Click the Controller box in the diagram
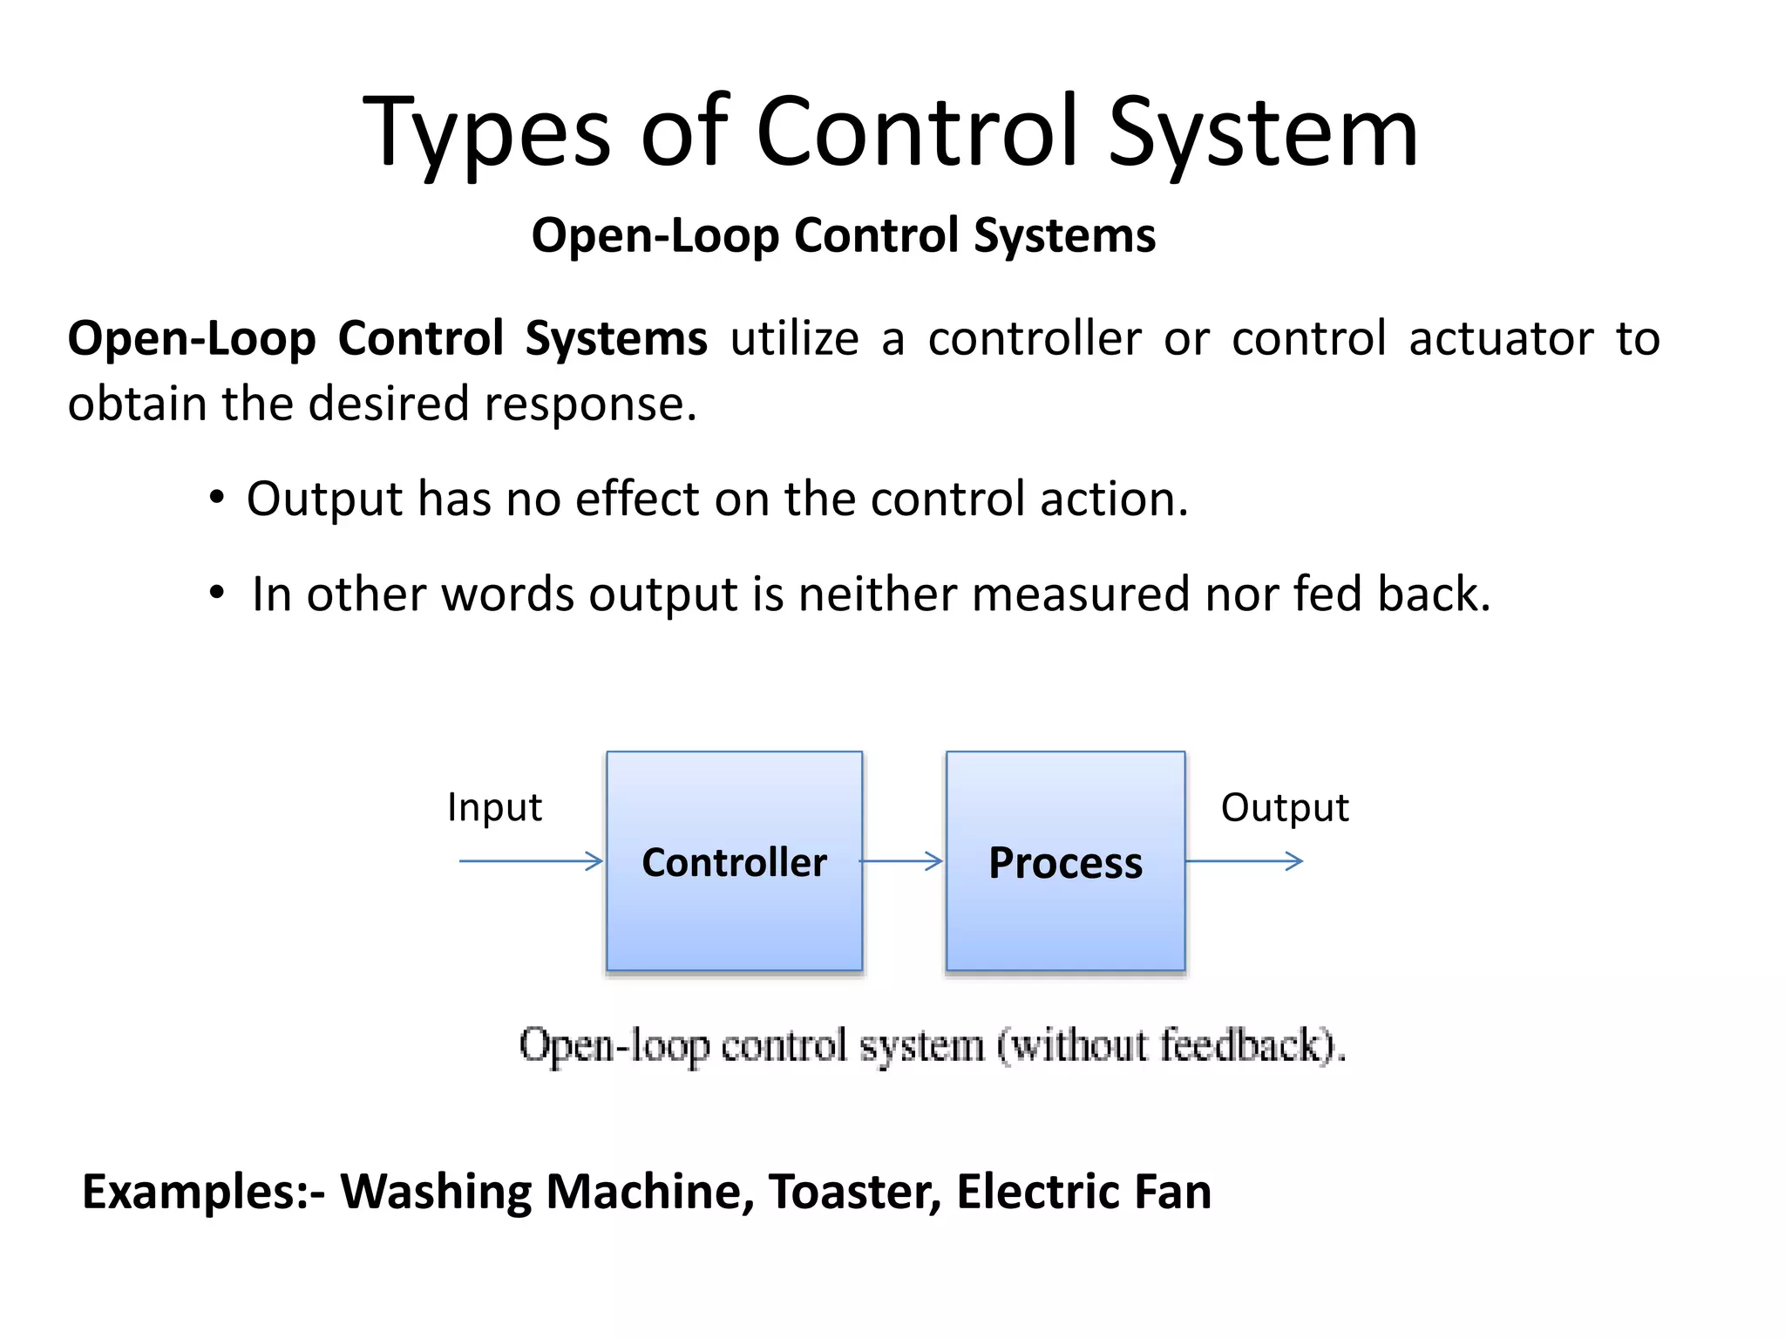[734, 860]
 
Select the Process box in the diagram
[1065, 860]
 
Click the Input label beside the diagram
[494, 807]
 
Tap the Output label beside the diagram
[1284, 807]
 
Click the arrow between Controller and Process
[901, 861]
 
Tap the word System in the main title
[1263, 133]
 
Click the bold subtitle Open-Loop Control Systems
[843, 235]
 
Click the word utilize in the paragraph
[794, 338]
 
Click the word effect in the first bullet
[637, 500]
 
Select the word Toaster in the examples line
[853, 1191]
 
